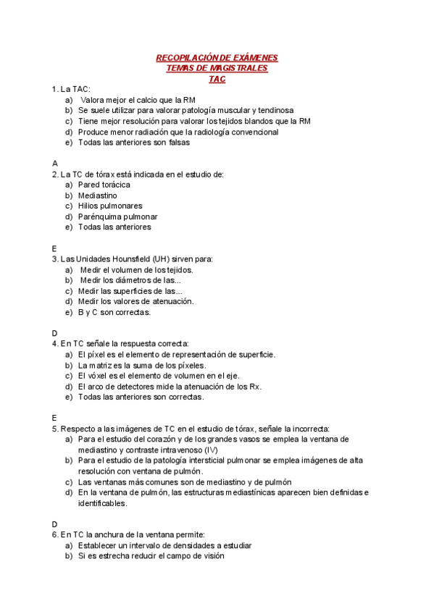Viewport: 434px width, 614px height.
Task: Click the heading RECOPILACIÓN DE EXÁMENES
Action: (217, 58)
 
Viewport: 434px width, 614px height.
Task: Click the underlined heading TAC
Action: (217, 79)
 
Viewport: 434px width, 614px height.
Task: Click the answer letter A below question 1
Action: (54, 164)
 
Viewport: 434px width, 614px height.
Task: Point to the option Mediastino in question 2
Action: (98, 195)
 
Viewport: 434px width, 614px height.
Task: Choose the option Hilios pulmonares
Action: (110, 206)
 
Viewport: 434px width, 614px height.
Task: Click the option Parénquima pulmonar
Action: (117, 216)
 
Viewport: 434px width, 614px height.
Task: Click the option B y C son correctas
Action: (114, 312)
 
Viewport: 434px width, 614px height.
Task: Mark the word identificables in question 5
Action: (102, 503)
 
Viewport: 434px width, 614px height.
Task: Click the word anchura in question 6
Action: (108, 534)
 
